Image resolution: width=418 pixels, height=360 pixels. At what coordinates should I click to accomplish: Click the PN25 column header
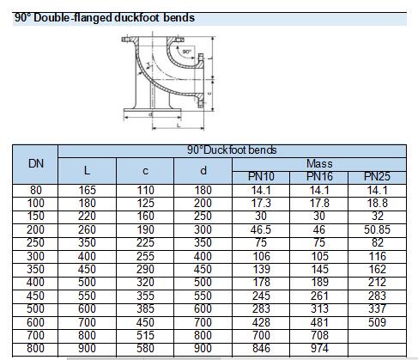pyautogui.click(x=377, y=176)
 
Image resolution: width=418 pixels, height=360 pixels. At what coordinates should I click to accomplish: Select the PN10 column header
pyautogui.click(x=261, y=176)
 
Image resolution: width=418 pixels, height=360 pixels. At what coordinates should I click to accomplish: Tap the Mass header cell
pyautogui.click(x=319, y=164)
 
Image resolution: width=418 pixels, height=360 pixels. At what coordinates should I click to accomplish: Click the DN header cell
pyautogui.click(x=36, y=164)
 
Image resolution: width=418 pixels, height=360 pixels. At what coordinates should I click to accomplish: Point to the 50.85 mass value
pyautogui.click(x=377, y=229)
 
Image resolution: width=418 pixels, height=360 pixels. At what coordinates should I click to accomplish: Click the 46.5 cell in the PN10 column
pyautogui.click(x=261, y=229)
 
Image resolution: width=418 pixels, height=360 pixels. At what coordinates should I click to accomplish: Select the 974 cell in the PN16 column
pyautogui.click(x=319, y=348)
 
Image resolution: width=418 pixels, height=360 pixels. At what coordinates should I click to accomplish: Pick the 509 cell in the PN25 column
pyautogui.click(x=377, y=322)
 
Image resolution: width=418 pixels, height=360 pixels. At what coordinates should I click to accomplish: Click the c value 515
pyautogui.click(x=145, y=335)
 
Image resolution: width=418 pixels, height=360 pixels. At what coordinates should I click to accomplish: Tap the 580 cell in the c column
pyautogui.click(x=145, y=348)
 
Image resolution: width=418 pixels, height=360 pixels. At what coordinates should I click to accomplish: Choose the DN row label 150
pyautogui.click(x=35, y=216)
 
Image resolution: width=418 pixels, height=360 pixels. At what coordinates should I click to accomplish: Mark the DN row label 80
pyautogui.click(x=36, y=190)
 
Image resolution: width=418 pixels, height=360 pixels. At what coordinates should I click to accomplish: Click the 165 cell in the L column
pyautogui.click(x=87, y=190)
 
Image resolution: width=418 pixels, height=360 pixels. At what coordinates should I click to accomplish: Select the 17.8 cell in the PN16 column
pyautogui.click(x=319, y=203)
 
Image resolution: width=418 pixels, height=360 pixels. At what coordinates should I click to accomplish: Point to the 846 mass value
pyautogui.click(x=261, y=348)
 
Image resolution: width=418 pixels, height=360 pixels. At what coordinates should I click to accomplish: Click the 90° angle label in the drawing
pyautogui.click(x=186, y=52)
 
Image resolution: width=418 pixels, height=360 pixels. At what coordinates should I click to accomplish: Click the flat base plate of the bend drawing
pyautogui.click(x=153, y=110)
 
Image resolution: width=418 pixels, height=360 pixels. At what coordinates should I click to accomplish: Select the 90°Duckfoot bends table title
pyautogui.click(x=232, y=150)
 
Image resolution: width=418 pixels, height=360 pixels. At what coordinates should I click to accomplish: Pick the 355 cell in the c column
pyautogui.click(x=145, y=296)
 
